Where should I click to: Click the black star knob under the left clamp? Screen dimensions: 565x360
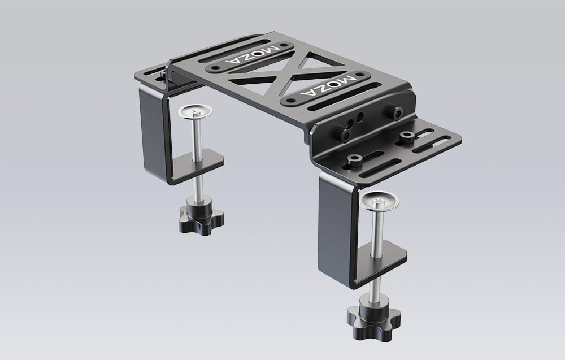201,219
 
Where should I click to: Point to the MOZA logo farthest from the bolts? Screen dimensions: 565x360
252,55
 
